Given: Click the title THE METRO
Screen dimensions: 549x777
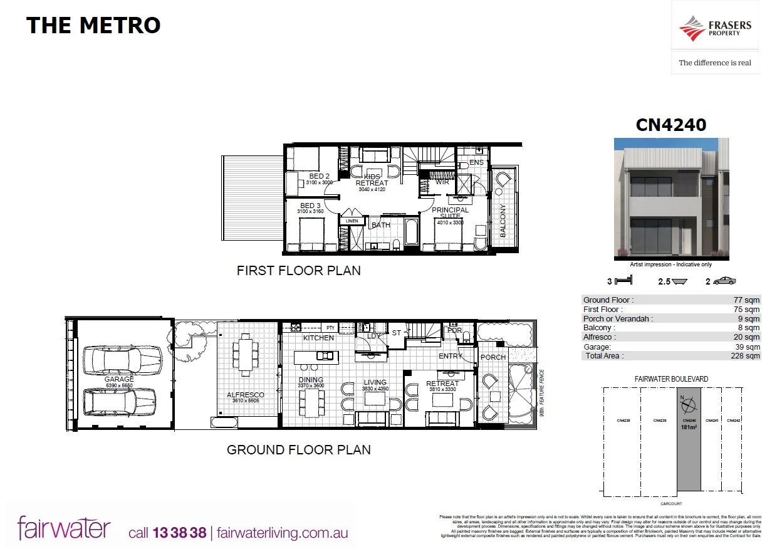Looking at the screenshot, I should click(x=93, y=26).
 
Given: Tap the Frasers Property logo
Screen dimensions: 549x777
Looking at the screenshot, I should click(x=715, y=29).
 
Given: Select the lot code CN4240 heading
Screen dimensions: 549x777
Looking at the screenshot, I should click(x=671, y=125).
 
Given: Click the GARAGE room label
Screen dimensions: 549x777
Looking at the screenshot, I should click(x=119, y=379).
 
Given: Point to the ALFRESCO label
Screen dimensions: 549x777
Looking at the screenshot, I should click(x=245, y=394).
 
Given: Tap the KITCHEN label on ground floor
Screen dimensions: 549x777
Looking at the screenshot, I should click(x=318, y=338).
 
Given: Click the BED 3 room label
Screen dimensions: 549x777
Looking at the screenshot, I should click(x=310, y=206).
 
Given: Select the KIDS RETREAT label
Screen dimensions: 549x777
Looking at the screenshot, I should click(x=372, y=179).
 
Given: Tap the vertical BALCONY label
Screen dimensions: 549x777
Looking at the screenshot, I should click(x=503, y=221).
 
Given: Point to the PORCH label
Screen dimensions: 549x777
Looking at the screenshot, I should click(x=493, y=357).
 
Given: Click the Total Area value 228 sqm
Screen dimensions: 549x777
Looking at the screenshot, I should click(x=748, y=355).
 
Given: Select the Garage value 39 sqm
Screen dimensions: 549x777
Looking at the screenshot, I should click(x=748, y=347).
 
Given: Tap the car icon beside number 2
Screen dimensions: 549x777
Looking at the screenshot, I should click(x=725, y=281).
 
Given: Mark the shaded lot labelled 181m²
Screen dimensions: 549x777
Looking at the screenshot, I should click(x=689, y=439).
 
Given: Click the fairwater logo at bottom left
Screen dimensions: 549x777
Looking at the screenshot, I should click(x=64, y=528).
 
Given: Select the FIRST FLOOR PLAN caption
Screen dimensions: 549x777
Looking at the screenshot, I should click(x=298, y=271).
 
